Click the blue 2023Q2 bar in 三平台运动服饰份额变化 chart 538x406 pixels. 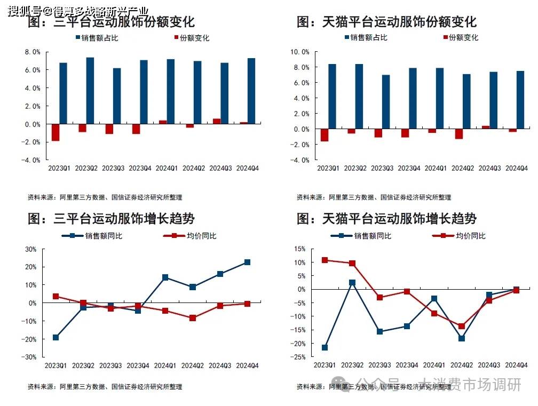pyautogui.click(x=90, y=91)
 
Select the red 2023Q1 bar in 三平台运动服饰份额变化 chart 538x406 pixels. pyautogui.click(x=56, y=132)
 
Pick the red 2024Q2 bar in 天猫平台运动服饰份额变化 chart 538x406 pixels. pyautogui.click(x=458, y=134)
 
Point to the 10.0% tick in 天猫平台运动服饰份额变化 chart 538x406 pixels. pyautogui.click(x=299, y=52)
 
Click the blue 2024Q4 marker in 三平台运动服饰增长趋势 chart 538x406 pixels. pyautogui.click(x=247, y=262)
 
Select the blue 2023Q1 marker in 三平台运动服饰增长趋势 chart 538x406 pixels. pyautogui.click(x=56, y=337)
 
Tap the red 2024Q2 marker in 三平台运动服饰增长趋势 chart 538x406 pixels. pyautogui.click(x=193, y=318)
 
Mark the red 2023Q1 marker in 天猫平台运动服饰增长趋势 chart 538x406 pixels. pyautogui.click(x=325, y=260)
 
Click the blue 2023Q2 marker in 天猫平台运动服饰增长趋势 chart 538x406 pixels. pyautogui.click(x=352, y=283)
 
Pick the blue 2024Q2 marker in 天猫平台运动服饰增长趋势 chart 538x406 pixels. pyautogui.click(x=462, y=338)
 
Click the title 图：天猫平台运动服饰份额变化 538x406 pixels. pyautogui.click(x=386, y=22)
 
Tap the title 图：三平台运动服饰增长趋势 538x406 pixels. pyautogui.click(x=111, y=219)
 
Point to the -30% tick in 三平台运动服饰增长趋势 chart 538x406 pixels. pyautogui.click(x=29, y=357)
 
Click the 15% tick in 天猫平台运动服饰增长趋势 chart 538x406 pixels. pyautogui.click(x=299, y=249)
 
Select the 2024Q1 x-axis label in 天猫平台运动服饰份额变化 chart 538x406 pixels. pyautogui.click(x=436, y=169)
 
